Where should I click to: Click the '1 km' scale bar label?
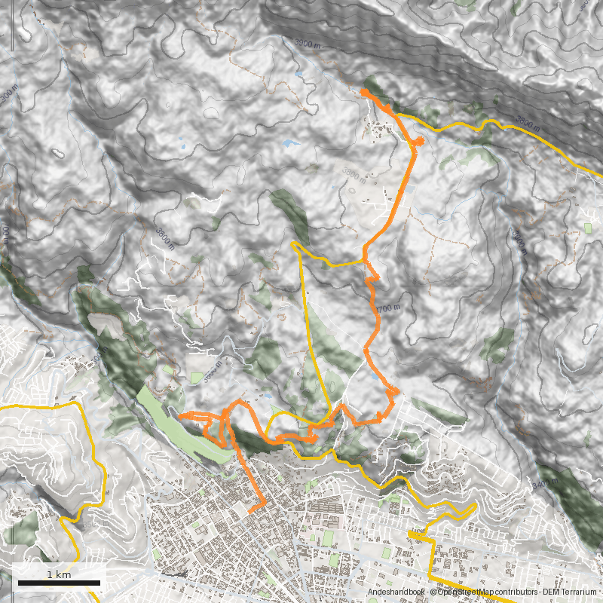(x=59, y=574)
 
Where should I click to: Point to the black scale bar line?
(x=59, y=583)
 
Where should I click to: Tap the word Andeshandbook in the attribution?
(x=395, y=593)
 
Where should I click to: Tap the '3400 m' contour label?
(x=548, y=483)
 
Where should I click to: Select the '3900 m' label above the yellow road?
(x=528, y=124)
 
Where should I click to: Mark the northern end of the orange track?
(x=363, y=91)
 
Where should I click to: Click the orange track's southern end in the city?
(x=249, y=512)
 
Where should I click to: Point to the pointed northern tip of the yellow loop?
(x=293, y=243)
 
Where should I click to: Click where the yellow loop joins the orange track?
(x=364, y=261)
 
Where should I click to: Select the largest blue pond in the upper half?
(x=289, y=142)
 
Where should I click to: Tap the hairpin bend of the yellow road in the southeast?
(x=475, y=506)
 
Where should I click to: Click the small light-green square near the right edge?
(x=588, y=227)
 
